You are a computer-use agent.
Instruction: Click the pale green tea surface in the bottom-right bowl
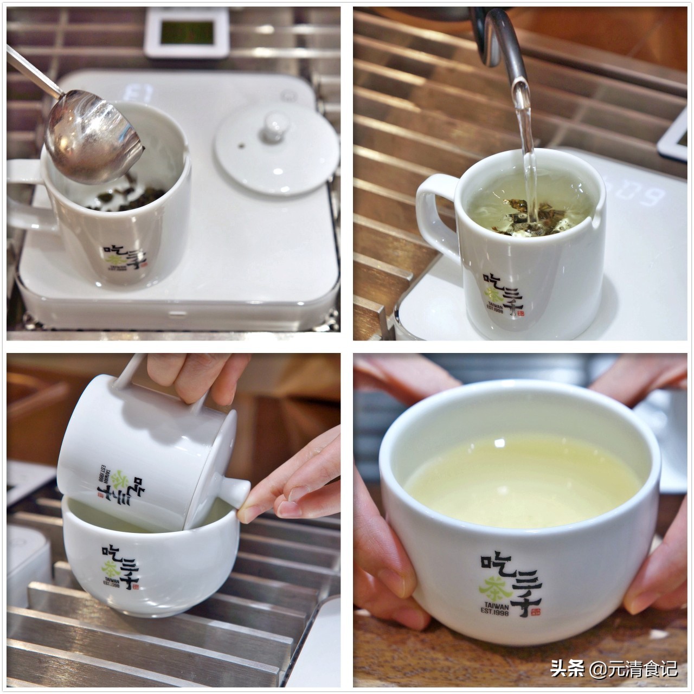[x=520, y=477]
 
